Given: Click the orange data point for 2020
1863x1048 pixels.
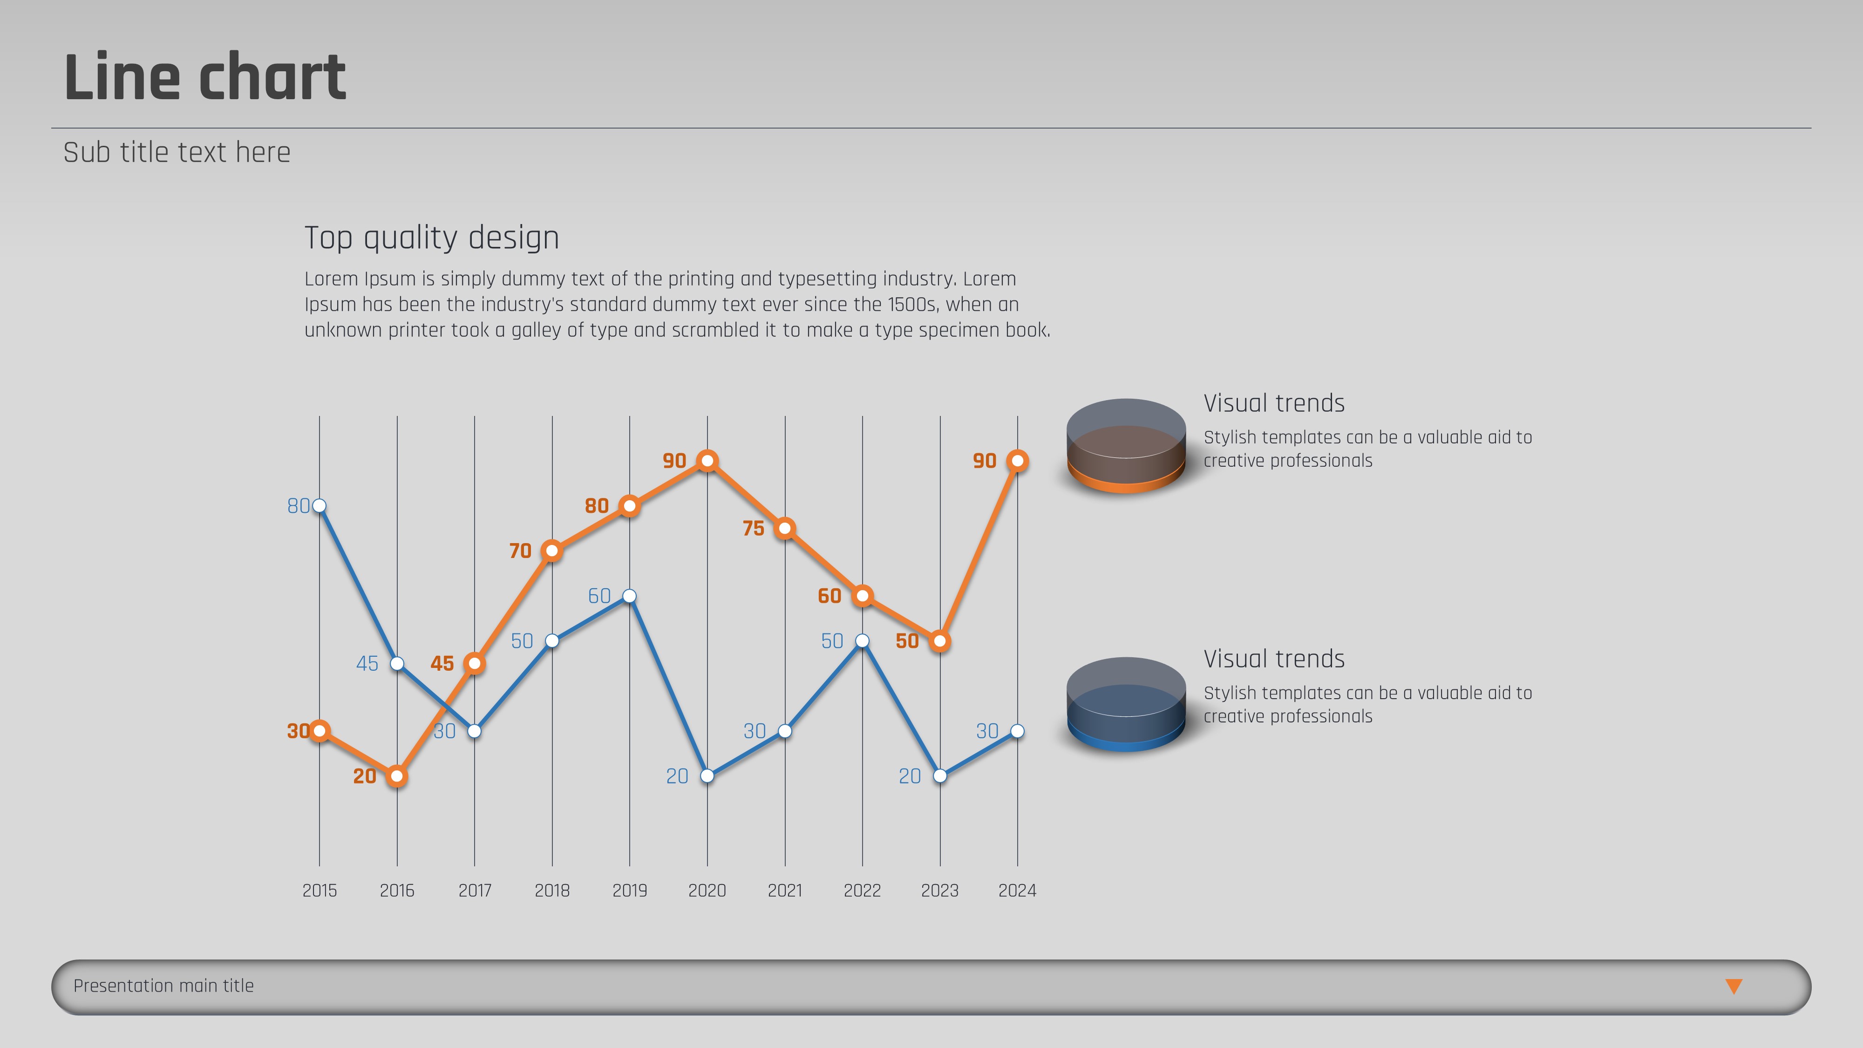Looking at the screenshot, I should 707,461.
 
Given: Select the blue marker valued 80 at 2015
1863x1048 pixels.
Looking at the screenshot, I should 319,505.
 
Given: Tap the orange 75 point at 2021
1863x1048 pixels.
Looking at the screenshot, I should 785,529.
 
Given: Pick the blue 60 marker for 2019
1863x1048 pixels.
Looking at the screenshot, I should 629,596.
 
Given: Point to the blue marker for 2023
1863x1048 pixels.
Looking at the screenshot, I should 939,776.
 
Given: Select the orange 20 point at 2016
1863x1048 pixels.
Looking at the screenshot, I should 396,776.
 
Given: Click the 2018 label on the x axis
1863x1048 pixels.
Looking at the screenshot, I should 552,890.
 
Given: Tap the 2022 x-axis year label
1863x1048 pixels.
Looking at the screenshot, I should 862,890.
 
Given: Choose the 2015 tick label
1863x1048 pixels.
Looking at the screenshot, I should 319,890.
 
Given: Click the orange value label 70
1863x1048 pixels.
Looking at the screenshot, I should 520,551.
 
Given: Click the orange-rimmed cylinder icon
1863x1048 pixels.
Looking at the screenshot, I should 1125,446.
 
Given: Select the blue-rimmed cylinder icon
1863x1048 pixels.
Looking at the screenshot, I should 1125,704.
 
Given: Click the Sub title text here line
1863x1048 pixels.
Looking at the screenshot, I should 177,153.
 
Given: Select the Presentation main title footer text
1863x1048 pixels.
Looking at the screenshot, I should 163,986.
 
